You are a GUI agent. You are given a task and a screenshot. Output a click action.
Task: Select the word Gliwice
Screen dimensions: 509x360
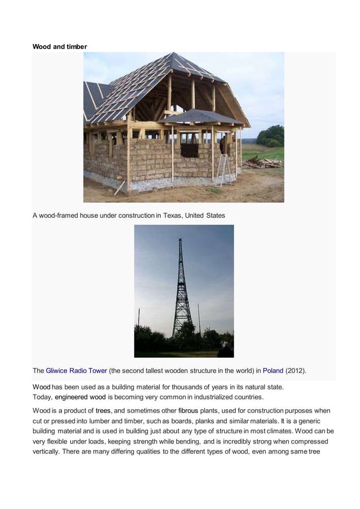(x=58, y=371)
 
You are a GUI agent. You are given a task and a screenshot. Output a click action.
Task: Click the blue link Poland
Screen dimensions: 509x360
(x=273, y=371)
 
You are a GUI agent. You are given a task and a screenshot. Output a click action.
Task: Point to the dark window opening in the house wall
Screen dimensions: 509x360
(x=190, y=150)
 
